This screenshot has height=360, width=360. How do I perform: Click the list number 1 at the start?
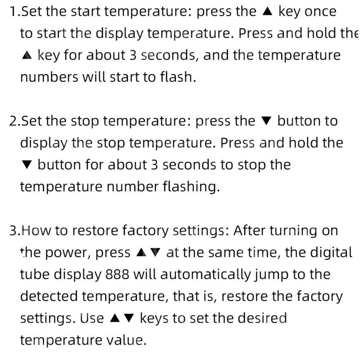point(14,12)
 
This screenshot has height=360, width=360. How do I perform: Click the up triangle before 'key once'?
point(267,11)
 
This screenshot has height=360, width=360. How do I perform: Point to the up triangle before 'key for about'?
point(27,55)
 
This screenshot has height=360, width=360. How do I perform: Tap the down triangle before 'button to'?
point(266,121)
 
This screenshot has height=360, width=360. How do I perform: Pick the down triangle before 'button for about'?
point(27,165)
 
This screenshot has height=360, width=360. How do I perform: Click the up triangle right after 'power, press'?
point(141,252)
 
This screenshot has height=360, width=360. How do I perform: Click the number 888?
point(117,274)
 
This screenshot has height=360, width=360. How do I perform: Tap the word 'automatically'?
point(205,275)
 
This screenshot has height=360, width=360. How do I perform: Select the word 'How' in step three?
point(36,231)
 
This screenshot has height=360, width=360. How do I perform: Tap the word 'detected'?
point(49,296)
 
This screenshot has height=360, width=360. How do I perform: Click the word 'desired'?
point(262,318)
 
